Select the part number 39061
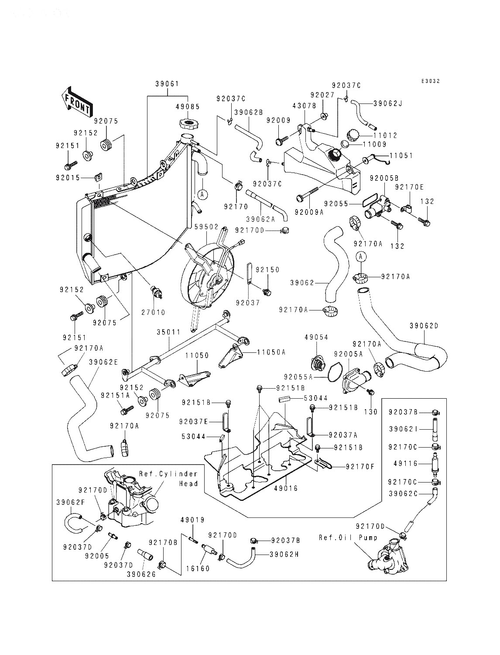(x=167, y=84)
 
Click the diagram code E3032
(x=431, y=81)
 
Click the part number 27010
(x=153, y=312)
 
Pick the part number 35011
(x=169, y=332)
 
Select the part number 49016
(x=286, y=489)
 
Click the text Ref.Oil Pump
(x=348, y=538)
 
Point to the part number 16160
(x=198, y=569)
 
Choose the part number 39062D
(x=424, y=326)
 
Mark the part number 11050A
(x=271, y=352)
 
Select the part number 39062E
(x=103, y=362)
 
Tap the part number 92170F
(x=360, y=466)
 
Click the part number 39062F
(x=71, y=503)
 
